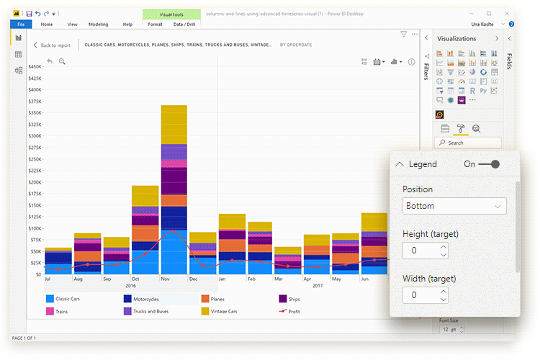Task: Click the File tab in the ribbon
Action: point(20,24)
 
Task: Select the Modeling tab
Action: point(98,24)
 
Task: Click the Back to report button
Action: point(52,45)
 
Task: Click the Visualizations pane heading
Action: point(456,38)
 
